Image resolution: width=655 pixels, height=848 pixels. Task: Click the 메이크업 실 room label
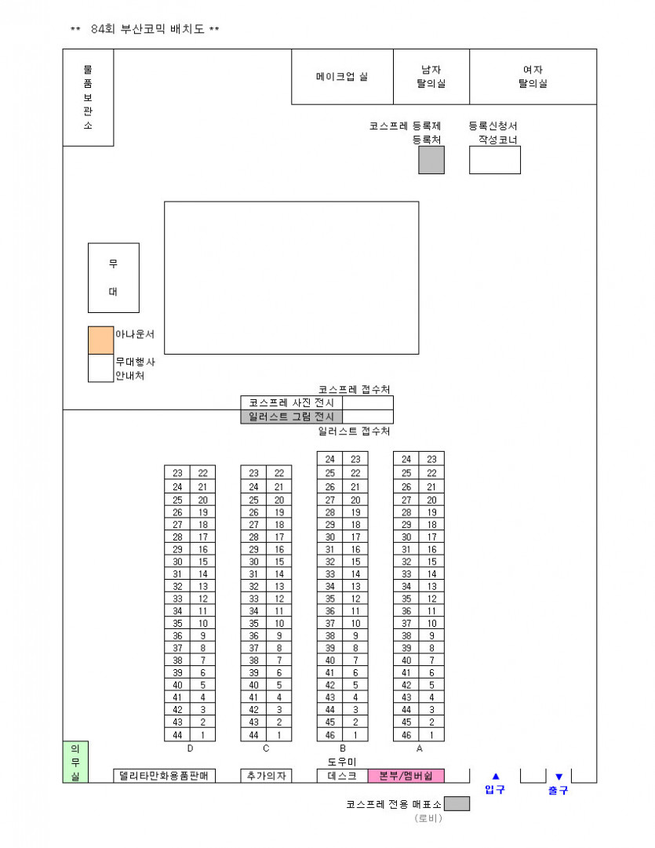coord(342,77)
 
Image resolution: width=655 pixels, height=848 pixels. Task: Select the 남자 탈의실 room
coord(431,76)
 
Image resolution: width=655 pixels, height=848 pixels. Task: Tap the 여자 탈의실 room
coord(533,76)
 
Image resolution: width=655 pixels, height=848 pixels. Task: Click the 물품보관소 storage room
coord(88,97)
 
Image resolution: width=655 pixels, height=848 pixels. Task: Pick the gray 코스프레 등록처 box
coord(431,160)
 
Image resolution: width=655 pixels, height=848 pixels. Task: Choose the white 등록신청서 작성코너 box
coord(494,160)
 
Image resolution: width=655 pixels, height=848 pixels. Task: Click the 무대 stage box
coord(113,278)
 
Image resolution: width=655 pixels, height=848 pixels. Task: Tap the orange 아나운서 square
coord(100,340)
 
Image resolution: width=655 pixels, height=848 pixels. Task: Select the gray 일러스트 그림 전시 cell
coord(291,417)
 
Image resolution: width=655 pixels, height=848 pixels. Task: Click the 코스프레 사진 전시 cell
coord(291,402)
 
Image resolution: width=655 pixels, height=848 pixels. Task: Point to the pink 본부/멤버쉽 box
coord(406,776)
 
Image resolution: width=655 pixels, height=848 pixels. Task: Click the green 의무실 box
coord(75,762)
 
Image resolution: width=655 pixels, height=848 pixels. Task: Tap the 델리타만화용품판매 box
coord(164,776)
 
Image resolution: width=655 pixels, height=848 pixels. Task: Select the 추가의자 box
coord(266,776)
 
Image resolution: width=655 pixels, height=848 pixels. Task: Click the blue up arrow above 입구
coord(495,777)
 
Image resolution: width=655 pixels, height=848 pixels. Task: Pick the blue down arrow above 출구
coord(559,777)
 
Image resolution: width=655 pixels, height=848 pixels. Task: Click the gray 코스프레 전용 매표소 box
coord(457,804)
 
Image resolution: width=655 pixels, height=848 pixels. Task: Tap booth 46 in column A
coord(406,735)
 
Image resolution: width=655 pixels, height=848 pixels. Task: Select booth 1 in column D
coord(202,735)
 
